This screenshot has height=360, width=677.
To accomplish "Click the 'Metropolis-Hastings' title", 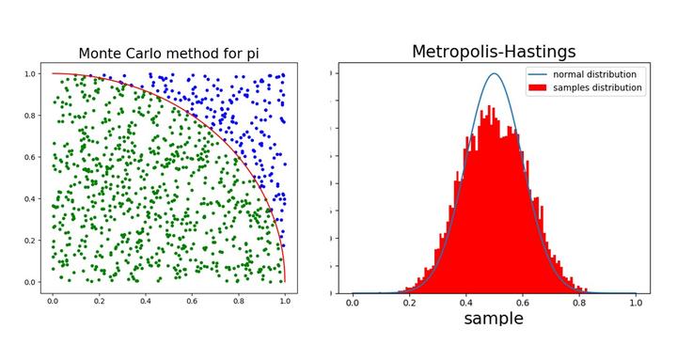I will pyautogui.click(x=494, y=52).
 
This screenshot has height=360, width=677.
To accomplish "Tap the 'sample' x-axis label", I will pyautogui.click(x=494, y=319).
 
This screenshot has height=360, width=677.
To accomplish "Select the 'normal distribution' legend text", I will pyautogui.click(x=594, y=74).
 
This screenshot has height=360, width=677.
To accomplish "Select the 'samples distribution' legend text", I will pyautogui.click(x=597, y=87).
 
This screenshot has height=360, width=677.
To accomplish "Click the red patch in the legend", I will pyautogui.click(x=537, y=87).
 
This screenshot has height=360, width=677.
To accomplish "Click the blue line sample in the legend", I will pyautogui.click(x=537, y=74).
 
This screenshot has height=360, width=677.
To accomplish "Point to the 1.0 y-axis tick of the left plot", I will pyautogui.click(x=31, y=73).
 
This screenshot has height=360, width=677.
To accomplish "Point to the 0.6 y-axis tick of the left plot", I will pyautogui.click(x=31, y=157).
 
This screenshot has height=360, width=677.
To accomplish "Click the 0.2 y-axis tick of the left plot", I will pyautogui.click(x=31, y=241).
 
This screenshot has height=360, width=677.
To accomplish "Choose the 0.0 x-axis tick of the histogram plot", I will pyautogui.click(x=353, y=302).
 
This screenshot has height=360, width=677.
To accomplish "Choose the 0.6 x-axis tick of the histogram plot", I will pyautogui.click(x=523, y=302).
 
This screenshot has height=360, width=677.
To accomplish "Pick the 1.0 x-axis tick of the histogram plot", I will pyautogui.click(x=636, y=302).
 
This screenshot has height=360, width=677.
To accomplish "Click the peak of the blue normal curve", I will pyautogui.click(x=494, y=73).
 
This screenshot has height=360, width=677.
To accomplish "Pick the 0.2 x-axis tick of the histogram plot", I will pyautogui.click(x=409, y=302).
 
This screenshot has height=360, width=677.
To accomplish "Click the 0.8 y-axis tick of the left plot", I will pyautogui.click(x=31, y=116).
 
